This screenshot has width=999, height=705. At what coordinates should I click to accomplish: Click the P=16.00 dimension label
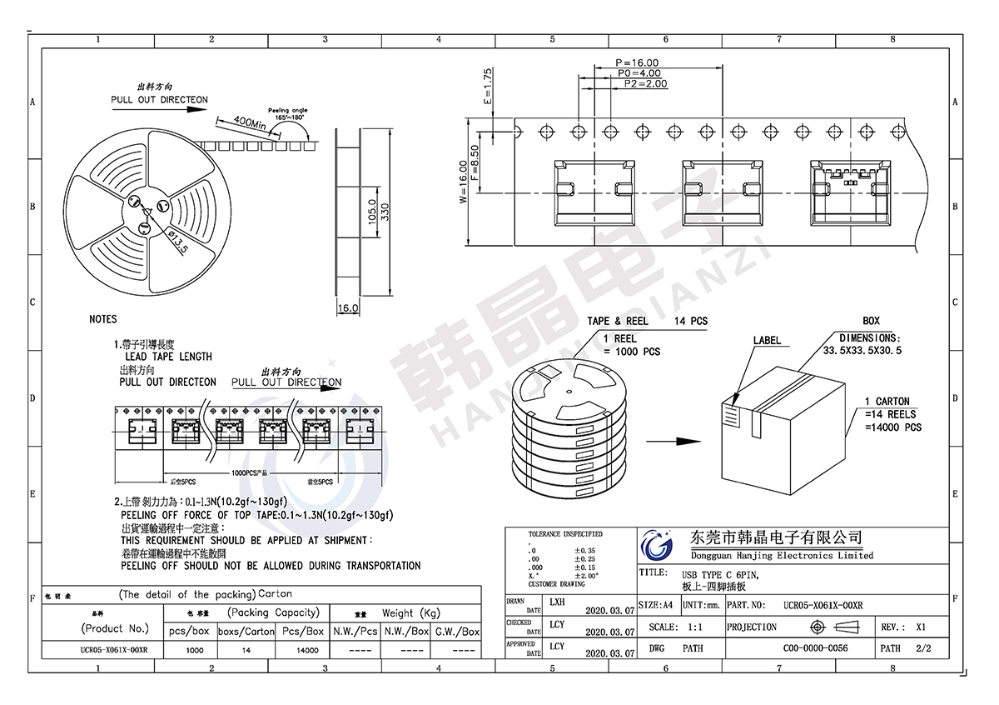coord(637,62)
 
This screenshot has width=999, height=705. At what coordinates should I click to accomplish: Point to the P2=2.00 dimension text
coord(645,84)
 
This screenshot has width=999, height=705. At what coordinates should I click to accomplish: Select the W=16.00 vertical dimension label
coord(463,182)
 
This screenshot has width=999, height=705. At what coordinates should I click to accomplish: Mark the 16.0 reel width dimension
coord(348,308)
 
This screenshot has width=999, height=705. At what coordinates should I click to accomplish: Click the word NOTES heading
coord(103,319)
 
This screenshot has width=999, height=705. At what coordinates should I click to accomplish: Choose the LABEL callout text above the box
coord(767,340)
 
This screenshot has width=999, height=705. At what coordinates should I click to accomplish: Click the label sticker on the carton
coord(731,413)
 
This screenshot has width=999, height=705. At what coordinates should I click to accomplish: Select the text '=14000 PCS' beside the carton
coord(893,427)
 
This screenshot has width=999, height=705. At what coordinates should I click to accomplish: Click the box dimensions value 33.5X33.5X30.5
coord(862,351)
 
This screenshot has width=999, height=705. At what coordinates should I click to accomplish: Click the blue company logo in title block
coord(657,547)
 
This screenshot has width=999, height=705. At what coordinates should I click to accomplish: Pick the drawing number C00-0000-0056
coord(815,647)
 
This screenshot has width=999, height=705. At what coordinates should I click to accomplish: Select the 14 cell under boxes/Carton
coord(246,650)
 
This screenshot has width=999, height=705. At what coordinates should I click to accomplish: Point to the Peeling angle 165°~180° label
coord(287,114)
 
